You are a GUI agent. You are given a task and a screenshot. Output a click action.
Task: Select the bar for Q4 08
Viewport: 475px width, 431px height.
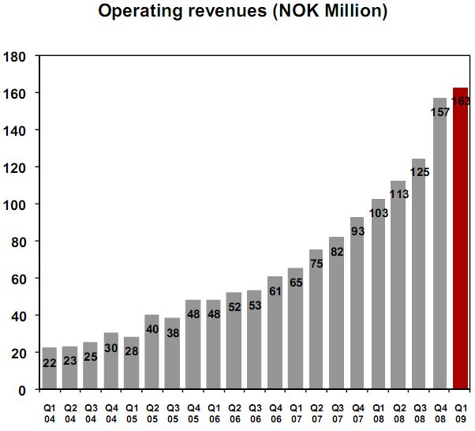(440, 244)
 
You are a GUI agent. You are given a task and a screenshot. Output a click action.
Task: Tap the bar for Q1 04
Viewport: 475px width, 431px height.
(49, 368)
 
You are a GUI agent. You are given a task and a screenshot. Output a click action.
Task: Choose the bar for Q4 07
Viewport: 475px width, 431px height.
(358, 303)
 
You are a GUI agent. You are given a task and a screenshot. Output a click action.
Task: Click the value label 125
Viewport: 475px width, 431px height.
(420, 171)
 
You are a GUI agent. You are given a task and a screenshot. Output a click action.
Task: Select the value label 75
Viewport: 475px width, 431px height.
(316, 264)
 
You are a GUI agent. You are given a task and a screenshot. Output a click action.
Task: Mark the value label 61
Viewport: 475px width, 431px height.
(275, 290)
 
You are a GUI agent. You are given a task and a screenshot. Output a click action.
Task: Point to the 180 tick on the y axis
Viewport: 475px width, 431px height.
(15, 56)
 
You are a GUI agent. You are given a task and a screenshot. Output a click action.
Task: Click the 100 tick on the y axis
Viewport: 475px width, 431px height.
(15, 204)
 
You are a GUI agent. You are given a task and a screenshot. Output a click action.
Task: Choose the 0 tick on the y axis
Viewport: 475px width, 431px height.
(21, 390)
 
